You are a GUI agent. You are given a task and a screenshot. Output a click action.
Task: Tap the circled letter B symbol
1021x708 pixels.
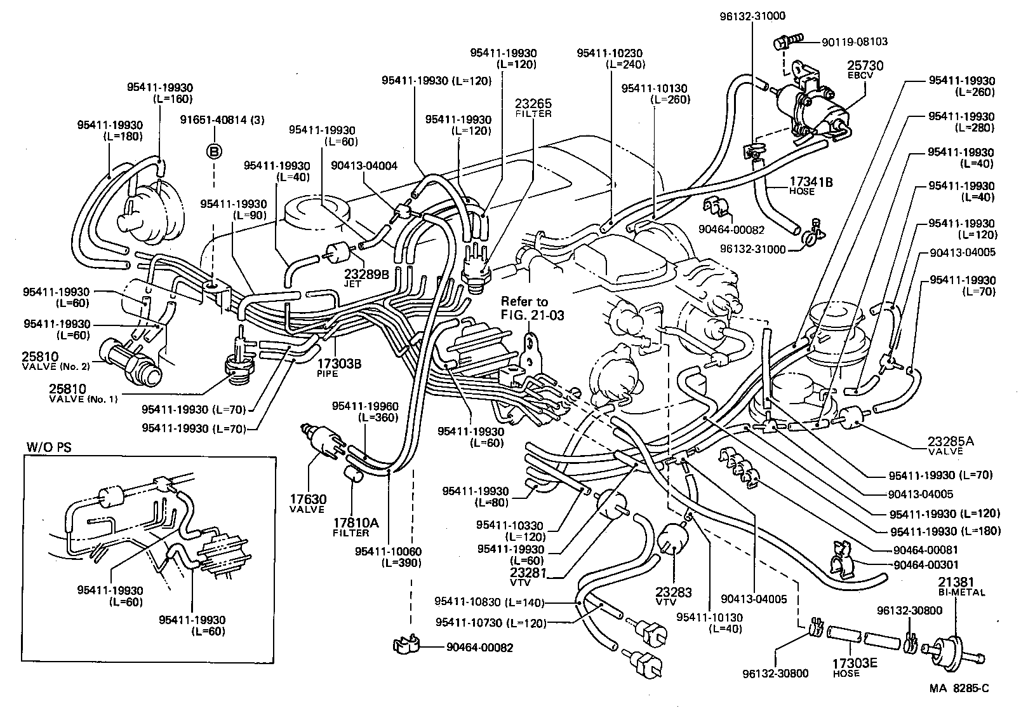click(x=214, y=151)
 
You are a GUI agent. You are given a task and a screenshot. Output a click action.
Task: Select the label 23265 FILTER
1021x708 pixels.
click(x=533, y=107)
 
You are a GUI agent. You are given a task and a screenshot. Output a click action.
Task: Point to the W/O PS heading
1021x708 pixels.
click(x=48, y=447)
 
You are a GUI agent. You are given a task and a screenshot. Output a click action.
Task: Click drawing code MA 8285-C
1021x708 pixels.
click(x=959, y=688)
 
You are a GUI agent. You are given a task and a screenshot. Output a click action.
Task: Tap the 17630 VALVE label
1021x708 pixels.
click(x=308, y=503)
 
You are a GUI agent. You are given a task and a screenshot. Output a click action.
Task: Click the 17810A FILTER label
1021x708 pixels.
click(x=356, y=526)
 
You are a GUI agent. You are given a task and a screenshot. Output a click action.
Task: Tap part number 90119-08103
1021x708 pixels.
click(x=854, y=42)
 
